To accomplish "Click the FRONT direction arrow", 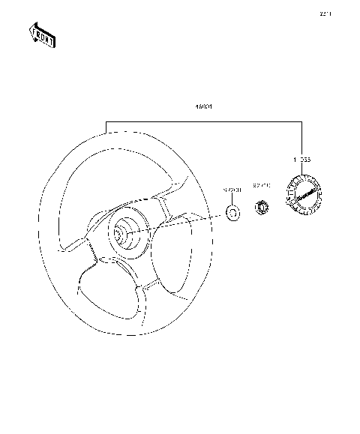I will [x=41, y=34].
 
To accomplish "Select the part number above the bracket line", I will [x=203, y=108].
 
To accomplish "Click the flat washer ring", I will [x=232, y=214].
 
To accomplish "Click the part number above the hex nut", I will [x=262, y=184].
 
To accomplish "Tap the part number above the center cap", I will [x=301, y=160].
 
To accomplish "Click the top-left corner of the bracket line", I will [x=106, y=120].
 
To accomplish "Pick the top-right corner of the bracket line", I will [x=302, y=120].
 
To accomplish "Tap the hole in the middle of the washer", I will [x=232, y=214].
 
